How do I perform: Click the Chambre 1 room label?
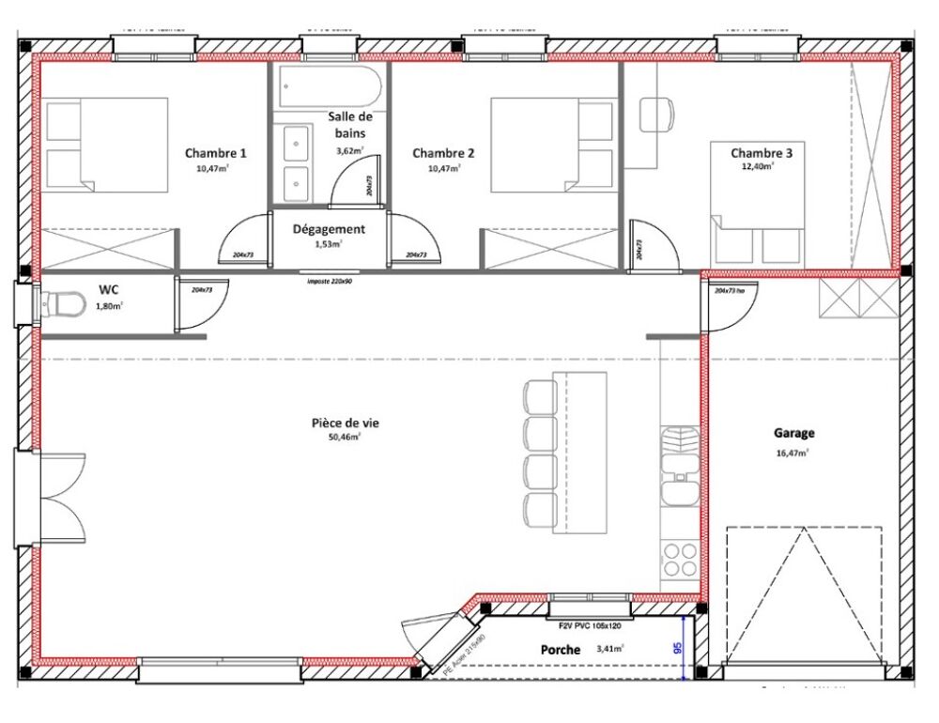coord(216,153)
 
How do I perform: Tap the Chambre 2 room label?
coord(443,153)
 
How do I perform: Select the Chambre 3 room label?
coord(762,152)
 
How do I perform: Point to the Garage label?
coord(793,433)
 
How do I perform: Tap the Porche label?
coord(561,650)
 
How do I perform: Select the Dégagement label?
coord(329,229)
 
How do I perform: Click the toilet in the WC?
coord(61,304)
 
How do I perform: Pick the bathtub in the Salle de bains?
coord(329,88)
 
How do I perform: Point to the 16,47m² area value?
coord(793,452)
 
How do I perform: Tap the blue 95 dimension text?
coord(677,648)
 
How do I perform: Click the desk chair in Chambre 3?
coord(657,115)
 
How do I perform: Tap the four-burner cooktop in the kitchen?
coord(679,561)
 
